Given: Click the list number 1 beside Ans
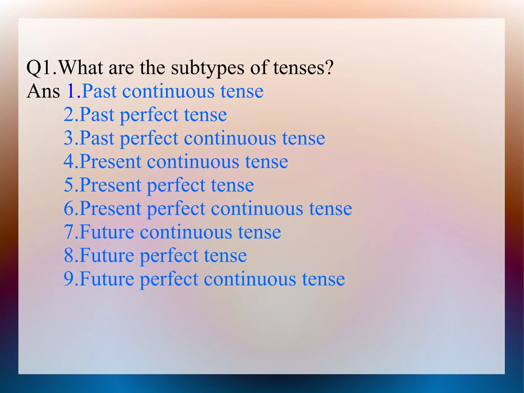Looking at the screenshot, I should (71, 91).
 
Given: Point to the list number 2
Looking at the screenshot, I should (69, 115).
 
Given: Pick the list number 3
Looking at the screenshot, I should (69, 138).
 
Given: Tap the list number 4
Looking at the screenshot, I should (69, 162).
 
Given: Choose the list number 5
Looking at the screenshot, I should (69, 185).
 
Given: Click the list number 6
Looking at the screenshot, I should (69, 209).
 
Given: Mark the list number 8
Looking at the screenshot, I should (69, 256).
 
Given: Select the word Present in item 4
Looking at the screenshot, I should (110, 162).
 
